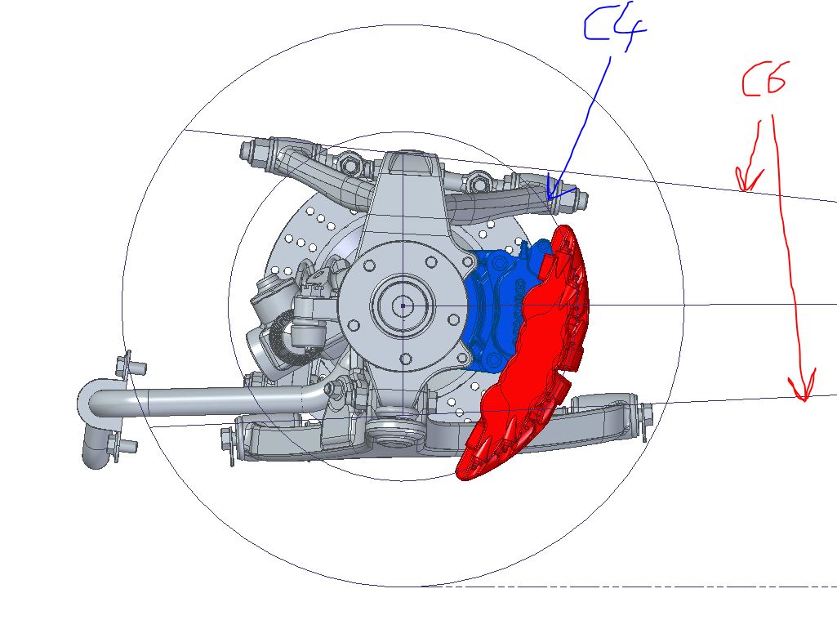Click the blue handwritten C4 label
tap(614, 28)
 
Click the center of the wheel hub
tap(403, 306)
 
